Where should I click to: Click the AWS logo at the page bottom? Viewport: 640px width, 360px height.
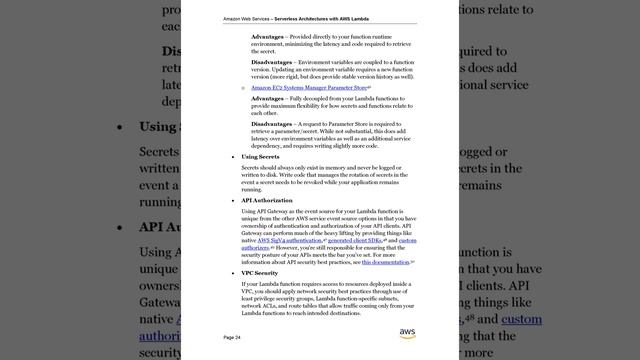[407, 333]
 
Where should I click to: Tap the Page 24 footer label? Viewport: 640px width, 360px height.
[232, 338]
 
